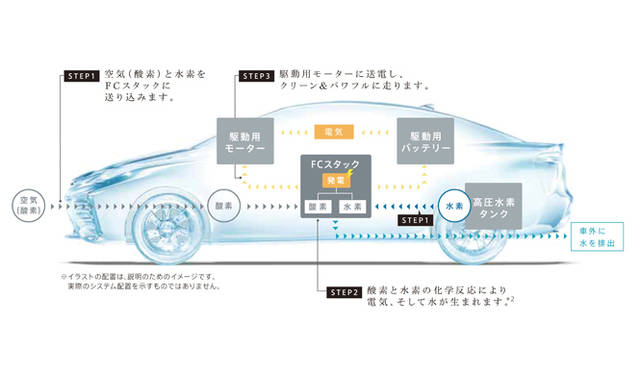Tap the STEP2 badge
341,292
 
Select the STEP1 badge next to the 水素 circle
414,218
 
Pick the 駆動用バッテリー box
426,141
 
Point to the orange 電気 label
335,131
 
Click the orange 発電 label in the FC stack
335,179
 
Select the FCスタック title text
335,163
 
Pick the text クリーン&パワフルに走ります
359,86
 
